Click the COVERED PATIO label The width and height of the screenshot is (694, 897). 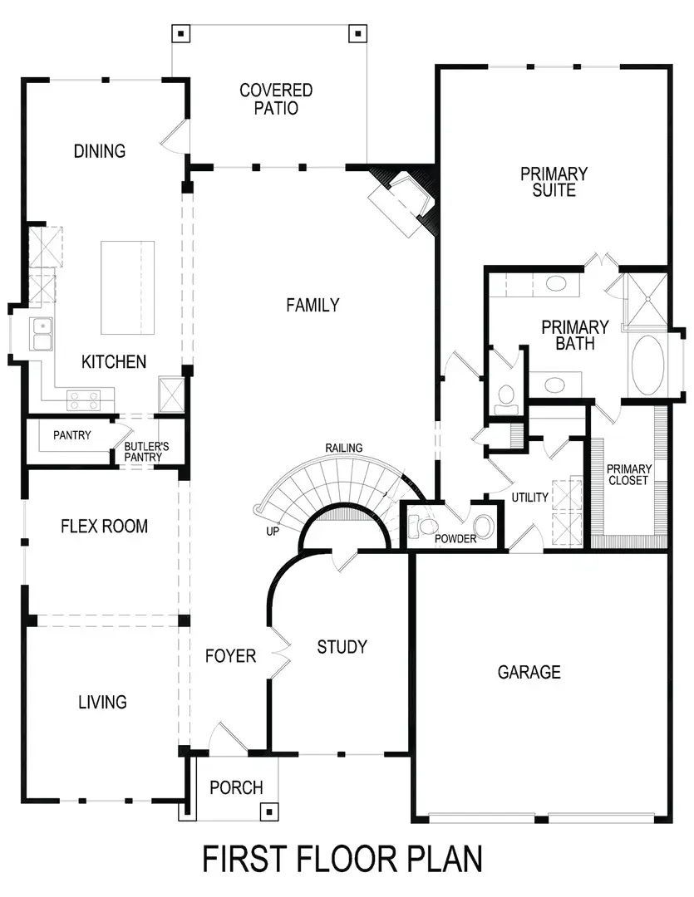click(276, 99)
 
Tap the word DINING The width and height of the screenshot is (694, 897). click(100, 151)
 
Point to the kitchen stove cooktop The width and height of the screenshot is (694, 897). click(83, 399)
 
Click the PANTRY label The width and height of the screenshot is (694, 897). click(72, 435)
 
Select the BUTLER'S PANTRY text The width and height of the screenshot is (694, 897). click(147, 452)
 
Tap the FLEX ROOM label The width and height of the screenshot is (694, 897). click(105, 527)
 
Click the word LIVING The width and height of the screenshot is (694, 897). click(102, 703)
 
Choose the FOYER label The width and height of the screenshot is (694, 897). click(230, 656)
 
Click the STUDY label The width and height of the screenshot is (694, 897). click(342, 647)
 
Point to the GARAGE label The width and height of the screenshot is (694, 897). click(529, 672)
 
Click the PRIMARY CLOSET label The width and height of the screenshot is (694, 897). click(628, 474)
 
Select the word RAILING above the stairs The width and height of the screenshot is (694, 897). click(343, 448)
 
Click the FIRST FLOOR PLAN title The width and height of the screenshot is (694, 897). click(342, 860)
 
